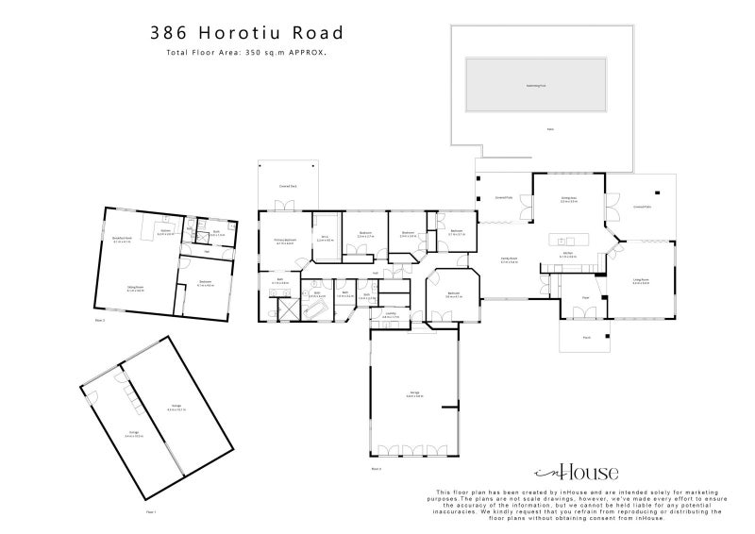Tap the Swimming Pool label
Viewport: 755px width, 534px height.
point(536,85)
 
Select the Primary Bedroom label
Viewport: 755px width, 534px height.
point(286,242)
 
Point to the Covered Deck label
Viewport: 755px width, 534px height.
point(288,187)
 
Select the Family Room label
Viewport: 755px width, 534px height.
point(509,260)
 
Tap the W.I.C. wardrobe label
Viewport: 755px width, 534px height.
point(325,239)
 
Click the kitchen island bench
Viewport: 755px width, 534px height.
point(567,236)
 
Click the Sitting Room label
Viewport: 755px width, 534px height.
point(135,289)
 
